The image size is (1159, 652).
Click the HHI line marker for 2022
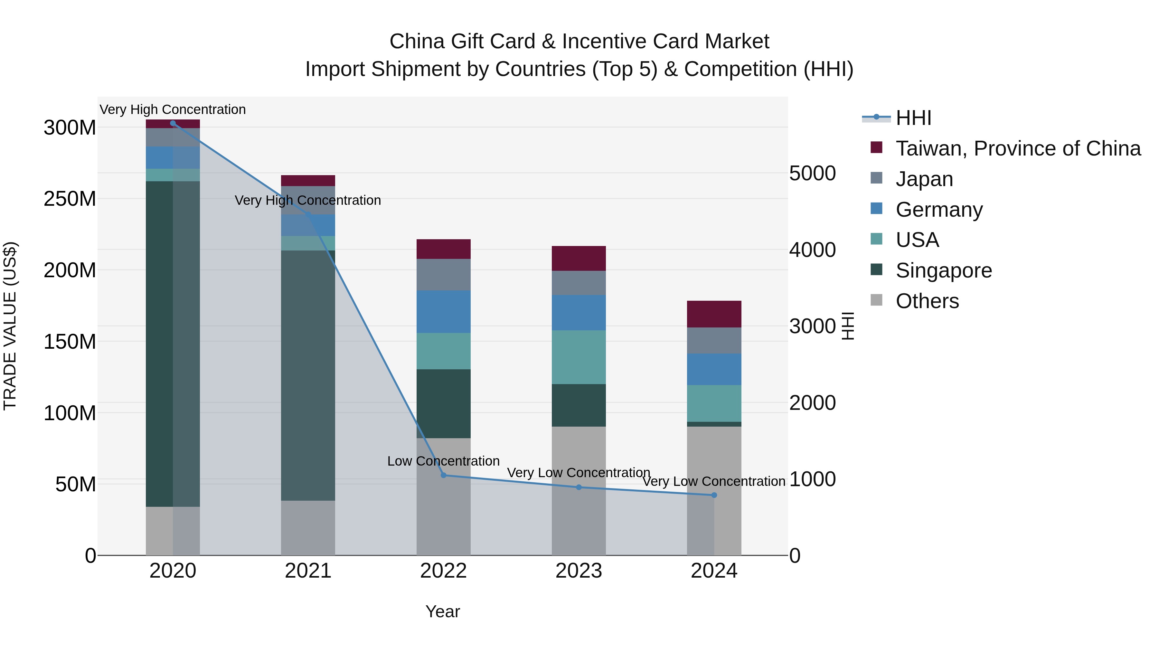click(443, 475)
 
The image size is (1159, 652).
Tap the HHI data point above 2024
click(714, 495)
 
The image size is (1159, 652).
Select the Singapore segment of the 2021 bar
click(308, 375)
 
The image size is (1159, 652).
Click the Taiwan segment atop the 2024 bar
click(714, 314)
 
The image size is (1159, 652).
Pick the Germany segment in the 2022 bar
click(443, 311)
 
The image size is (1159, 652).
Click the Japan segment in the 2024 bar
click(714, 340)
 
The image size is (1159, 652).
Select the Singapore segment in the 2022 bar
click(443, 404)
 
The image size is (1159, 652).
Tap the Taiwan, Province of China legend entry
click(1018, 148)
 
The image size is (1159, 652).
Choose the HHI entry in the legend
click(913, 118)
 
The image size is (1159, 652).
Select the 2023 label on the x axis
click(579, 571)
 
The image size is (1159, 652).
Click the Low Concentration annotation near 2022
click(443, 461)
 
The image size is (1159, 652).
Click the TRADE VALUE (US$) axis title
click(10, 326)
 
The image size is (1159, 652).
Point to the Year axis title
click(443, 611)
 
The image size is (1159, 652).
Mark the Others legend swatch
click(876, 300)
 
